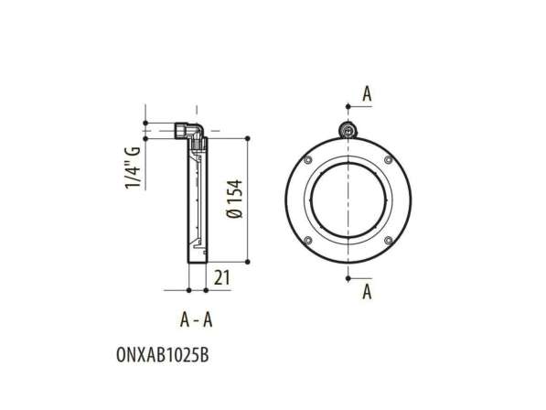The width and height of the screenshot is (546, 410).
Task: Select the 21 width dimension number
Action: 221,276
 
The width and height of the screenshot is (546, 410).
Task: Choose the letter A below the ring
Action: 367,293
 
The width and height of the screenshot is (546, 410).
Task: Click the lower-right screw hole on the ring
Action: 390,241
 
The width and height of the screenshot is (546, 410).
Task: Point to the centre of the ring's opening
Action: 349,201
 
